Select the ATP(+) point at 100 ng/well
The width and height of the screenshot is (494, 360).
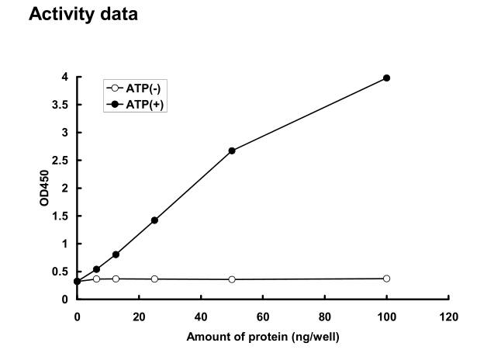coord(386,78)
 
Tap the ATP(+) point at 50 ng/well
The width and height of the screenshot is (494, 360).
coord(232,151)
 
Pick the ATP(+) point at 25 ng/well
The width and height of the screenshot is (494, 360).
coord(154,220)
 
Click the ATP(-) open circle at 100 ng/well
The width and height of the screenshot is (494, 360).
coord(386,279)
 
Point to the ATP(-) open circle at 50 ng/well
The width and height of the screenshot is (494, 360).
coord(232,279)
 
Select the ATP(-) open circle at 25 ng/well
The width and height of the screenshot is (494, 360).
coord(154,279)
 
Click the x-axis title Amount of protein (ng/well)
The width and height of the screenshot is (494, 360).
coord(263,337)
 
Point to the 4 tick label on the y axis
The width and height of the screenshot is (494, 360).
coord(67,77)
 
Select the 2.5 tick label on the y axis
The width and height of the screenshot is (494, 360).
coord(63,161)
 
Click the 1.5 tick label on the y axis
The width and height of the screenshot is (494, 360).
coord(63,216)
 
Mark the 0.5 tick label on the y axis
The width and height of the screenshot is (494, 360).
coord(63,272)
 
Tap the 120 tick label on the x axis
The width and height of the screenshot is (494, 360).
coord(448,317)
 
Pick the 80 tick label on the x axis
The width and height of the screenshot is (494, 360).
coord(325,317)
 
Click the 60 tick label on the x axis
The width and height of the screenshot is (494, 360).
coord(263,317)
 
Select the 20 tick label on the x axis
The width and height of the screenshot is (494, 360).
coord(139,317)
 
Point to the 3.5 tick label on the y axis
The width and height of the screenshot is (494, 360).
coord(63,105)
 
